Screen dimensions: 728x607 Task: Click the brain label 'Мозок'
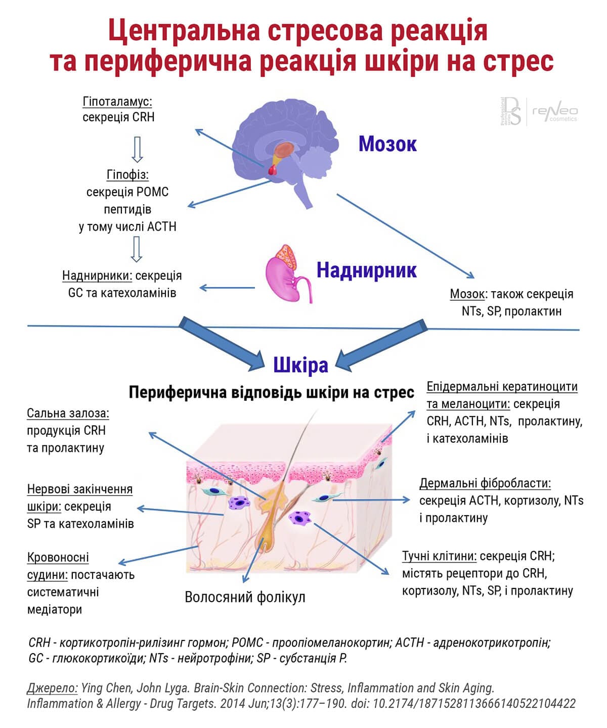[x=387, y=144]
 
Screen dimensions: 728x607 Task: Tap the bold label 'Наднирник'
[x=366, y=270]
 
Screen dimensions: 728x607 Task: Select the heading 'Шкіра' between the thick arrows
[x=300, y=365]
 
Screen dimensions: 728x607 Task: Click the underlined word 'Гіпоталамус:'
[x=117, y=102]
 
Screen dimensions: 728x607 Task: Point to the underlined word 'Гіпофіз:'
[x=127, y=175]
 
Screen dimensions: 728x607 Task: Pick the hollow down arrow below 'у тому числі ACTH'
[x=136, y=249]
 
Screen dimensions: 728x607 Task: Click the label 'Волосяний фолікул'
[x=245, y=597]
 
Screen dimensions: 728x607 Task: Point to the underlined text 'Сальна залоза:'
[x=68, y=414]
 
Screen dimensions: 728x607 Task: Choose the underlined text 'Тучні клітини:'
[x=439, y=556]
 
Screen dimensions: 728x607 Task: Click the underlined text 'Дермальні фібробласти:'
[x=485, y=483]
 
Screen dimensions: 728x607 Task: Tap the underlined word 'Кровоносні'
[x=58, y=558]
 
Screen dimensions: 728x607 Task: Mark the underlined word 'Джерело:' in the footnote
[x=53, y=688]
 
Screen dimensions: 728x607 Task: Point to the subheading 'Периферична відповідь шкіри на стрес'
[x=271, y=392]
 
